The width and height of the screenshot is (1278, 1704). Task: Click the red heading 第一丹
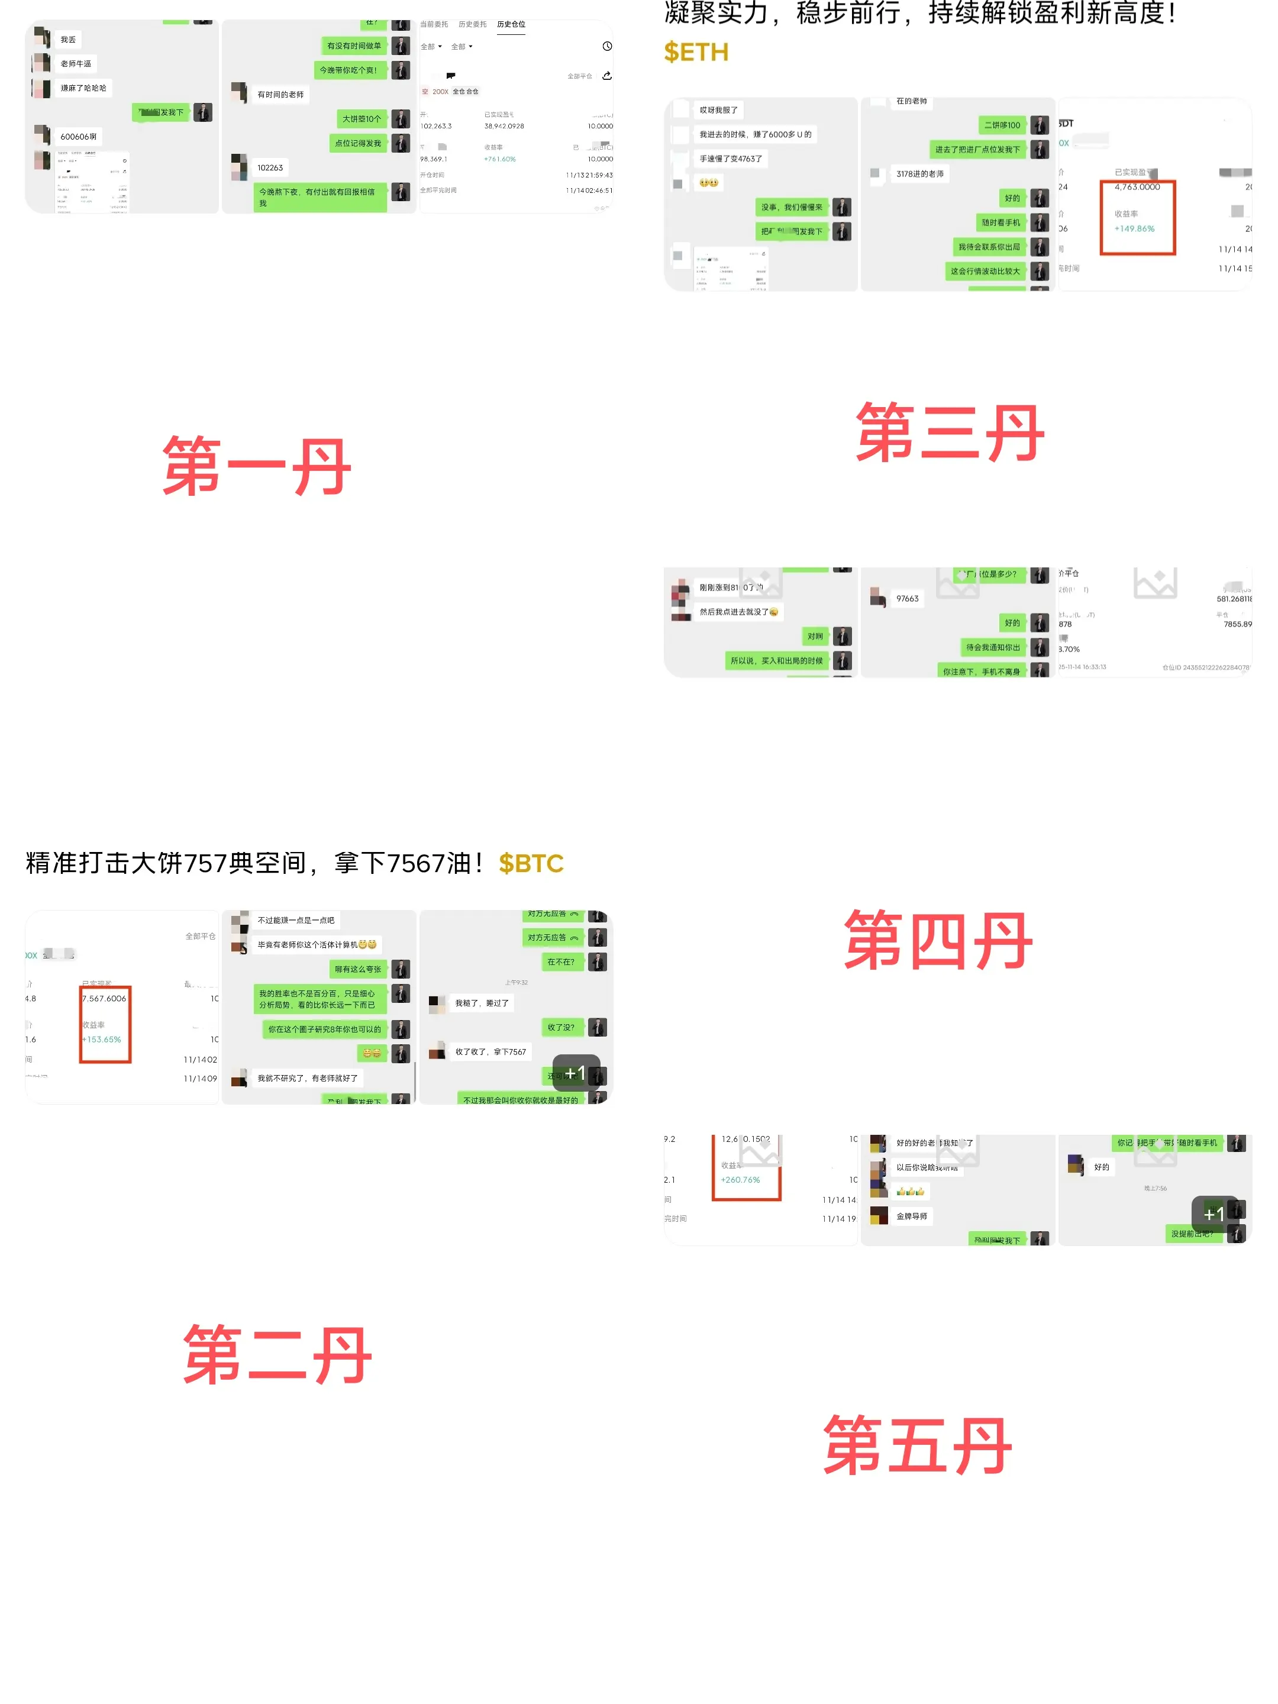tap(257, 466)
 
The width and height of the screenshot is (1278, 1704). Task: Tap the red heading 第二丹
tap(277, 1354)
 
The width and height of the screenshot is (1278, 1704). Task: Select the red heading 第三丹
tap(950, 433)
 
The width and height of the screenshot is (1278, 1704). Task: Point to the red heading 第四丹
tap(938, 940)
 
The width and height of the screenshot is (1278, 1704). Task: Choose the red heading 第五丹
tap(918, 1445)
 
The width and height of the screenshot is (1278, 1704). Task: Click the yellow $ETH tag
tap(696, 53)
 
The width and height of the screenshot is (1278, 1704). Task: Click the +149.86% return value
tap(1134, 229)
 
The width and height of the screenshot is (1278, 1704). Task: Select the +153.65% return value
tap(102, 1039)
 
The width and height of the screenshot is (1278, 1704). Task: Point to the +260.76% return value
tap(740, 1179)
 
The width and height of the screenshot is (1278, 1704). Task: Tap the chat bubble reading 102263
tap(270, 168)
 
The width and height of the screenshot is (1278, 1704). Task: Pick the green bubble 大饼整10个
tap(362, 120)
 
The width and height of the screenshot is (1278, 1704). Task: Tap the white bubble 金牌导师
tap(911, 1216)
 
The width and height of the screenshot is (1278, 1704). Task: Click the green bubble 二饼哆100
tap(1002, 125)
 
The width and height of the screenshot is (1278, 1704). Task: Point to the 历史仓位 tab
tap(511, 25)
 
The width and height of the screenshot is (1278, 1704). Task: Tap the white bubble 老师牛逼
tap(76, 64)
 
